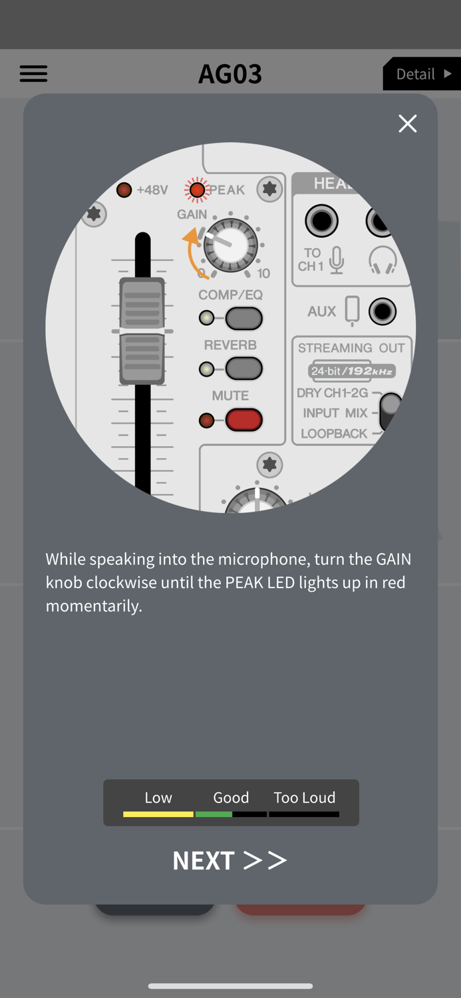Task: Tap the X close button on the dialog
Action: tap(407, 124)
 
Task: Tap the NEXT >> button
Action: tap(230, 860)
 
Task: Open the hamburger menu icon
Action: tap(33, 74)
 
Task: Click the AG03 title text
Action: tap(230, 74)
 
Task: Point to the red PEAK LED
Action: tap(197, 190)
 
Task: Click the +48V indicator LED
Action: tap(124, 190)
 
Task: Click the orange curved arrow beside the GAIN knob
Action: tap(193, 253)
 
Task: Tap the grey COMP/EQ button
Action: tap(243, 319)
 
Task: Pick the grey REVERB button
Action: tap(243, 369)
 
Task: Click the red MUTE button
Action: tap(243, 420)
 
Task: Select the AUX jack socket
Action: tap(383, 311)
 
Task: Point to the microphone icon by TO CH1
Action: tap(337, 260)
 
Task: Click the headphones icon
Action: tap(383, 260)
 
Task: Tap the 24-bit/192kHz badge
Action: tap(352, 371)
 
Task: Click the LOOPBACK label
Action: tap(334, 434)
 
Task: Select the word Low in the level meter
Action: tap(158, 797)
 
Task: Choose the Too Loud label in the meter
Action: tap(304, 797)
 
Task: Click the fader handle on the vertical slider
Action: tap(142, 331)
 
